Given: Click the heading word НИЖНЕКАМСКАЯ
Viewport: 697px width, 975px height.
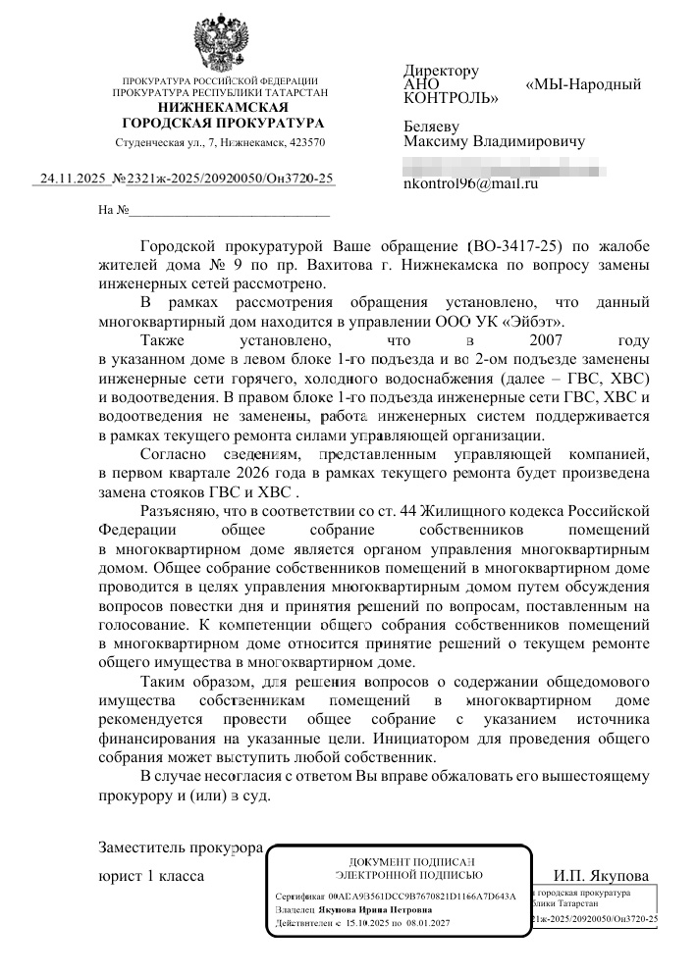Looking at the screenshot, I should point(221,107).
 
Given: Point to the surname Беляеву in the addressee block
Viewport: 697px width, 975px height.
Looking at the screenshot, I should point(435,125).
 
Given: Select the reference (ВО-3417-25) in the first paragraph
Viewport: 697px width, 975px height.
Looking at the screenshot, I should point(517,246).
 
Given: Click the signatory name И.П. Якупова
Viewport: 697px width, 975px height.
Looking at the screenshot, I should point(600,875).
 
